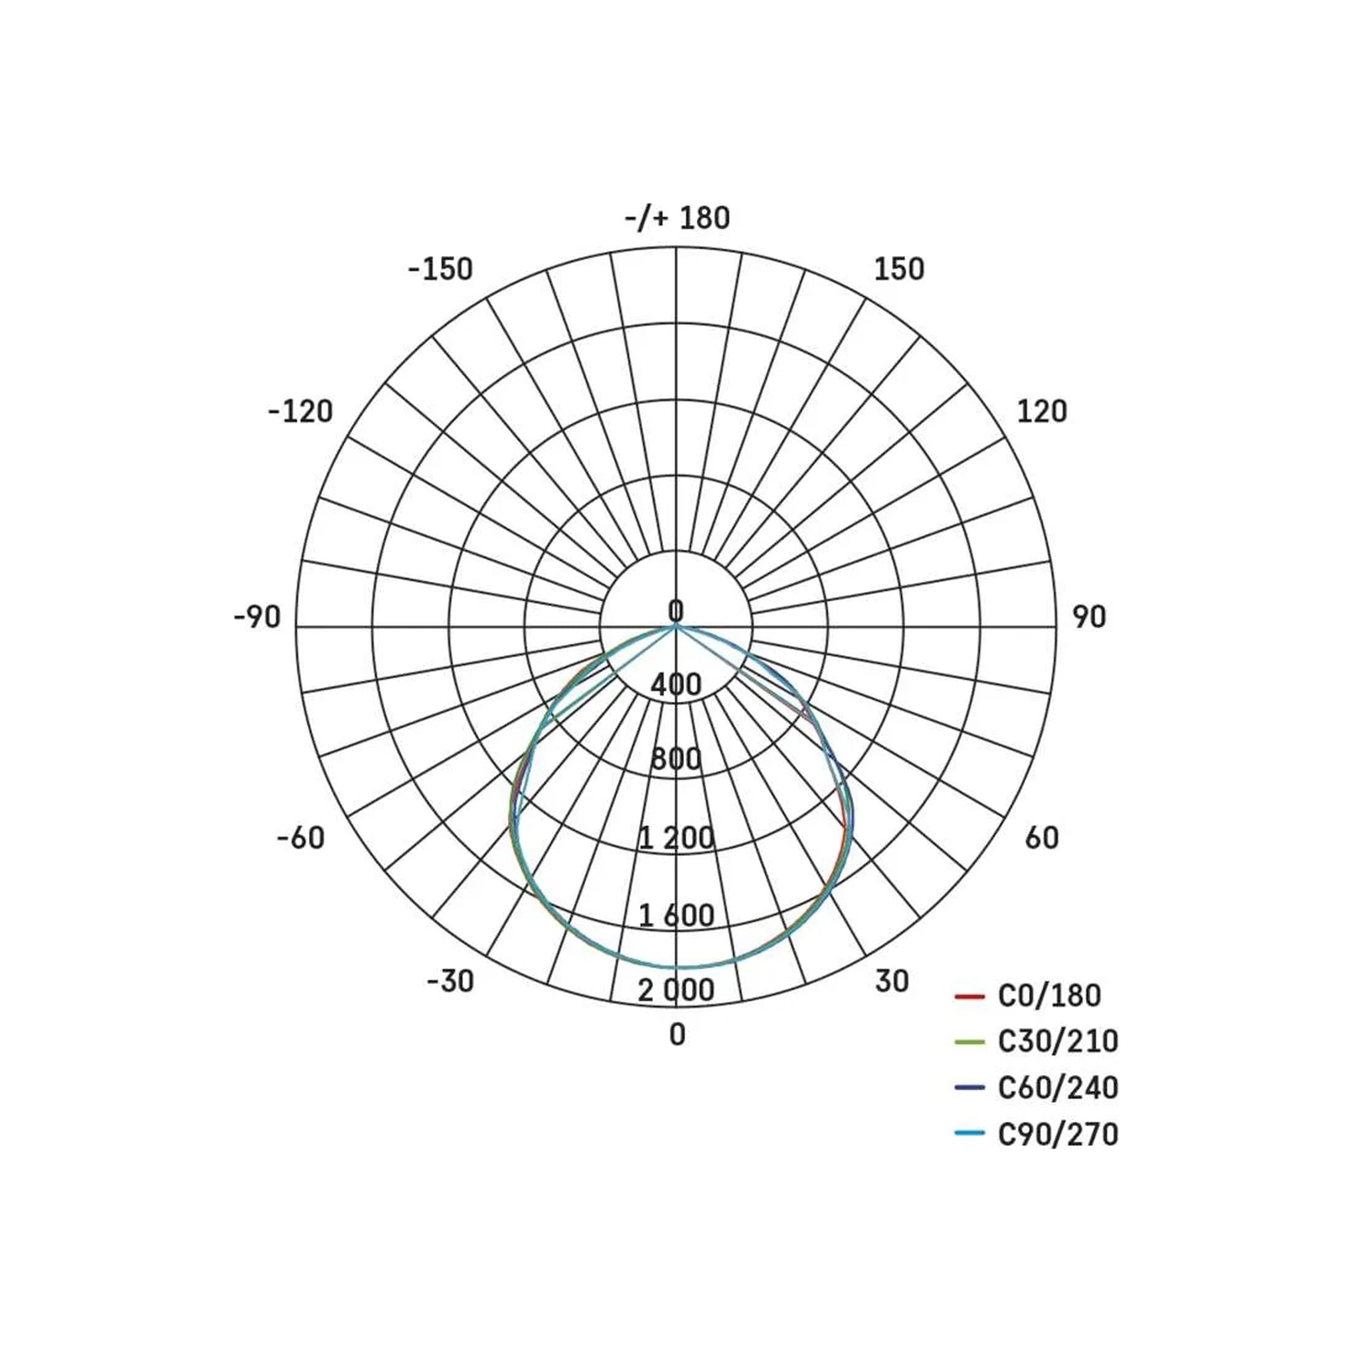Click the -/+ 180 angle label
[677, 218]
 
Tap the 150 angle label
[898, 270]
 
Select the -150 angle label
[441, 270]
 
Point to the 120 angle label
[1041, 412]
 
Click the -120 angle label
[300, 412]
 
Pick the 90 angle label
[1089, 617]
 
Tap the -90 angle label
[257, 617]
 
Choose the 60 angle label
[1041, 838]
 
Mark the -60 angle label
[301, 838]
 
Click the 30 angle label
[892, 981]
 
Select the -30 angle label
[450, 981]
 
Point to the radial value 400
[676, 684]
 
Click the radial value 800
[676, 759]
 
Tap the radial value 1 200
[676, 838]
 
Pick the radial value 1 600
[676, 915]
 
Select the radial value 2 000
[676, 990]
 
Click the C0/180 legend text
[1049, 996]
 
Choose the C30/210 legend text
[1057, 1042]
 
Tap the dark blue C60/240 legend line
[970, 1088]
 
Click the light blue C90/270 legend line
[970, 1134]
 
